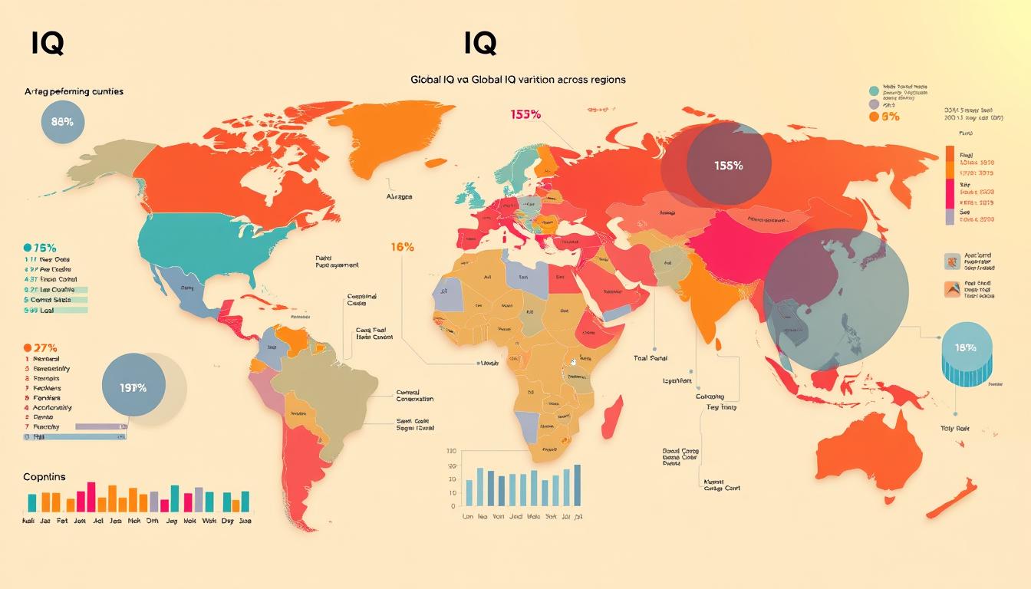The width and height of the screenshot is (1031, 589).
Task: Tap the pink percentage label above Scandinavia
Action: click(525, 114)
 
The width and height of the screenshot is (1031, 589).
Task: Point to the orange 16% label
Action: click(402, 247)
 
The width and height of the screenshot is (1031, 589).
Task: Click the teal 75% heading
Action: click(40, 248)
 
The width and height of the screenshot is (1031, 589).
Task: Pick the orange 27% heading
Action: click(41, 347)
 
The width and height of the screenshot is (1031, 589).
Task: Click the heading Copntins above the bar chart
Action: click(44, 476)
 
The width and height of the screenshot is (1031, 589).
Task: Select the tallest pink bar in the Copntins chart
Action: click(91, 496)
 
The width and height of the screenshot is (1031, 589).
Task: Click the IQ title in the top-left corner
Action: click(47, 44)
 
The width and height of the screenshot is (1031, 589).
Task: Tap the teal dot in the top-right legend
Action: click(874, 90)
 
